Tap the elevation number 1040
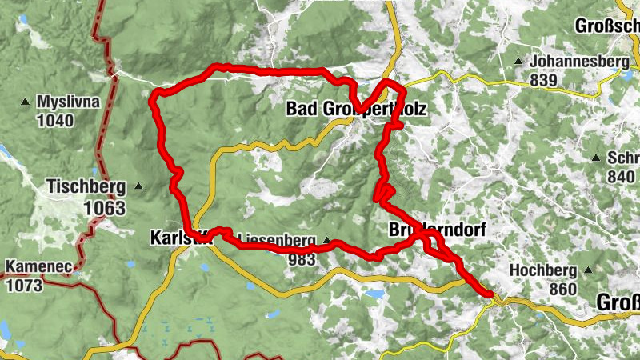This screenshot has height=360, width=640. [54, 121]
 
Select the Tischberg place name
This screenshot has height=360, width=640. [86, 187]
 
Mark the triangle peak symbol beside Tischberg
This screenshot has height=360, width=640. [138, 187]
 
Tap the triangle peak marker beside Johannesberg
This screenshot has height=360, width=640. [519, 62]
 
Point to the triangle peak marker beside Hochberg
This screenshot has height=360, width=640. [588, 270]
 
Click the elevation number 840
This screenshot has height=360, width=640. [621, 176]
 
